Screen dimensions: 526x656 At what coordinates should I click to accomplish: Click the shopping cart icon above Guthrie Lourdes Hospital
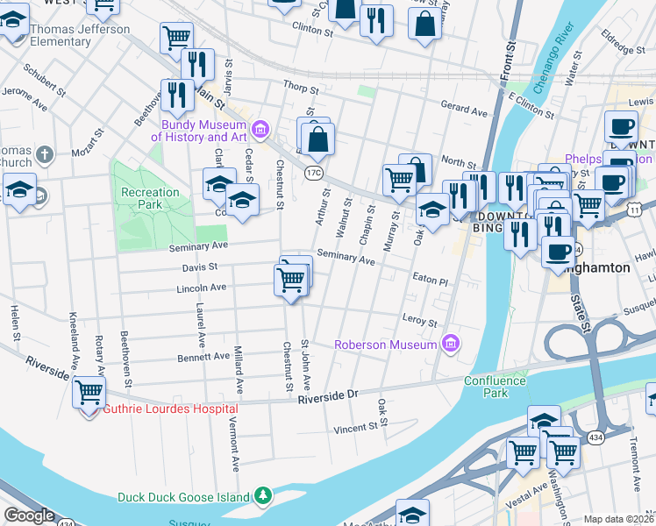pyautogui.click(x=89, y=391)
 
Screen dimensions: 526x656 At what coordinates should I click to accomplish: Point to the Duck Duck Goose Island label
pyautogui.click(x=184, y=497)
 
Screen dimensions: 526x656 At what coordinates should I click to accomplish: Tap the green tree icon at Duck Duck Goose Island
pyautogui.click(x=262, y=497)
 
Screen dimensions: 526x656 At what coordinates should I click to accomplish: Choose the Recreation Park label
pyautogui.click(x=151, y=198)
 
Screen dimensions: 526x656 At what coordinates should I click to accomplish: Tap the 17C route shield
pyautogui.click(x=314, y=173)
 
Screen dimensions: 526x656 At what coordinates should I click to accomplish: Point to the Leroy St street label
pyautogui.click(x=419, y=322)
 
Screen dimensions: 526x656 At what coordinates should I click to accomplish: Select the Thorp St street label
pyautogui.click(x=300, y=87)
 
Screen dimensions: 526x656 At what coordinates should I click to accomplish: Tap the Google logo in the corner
pyautogui.click(x=29, y=515)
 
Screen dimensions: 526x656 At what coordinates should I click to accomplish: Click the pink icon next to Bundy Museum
pyautogui.click(x=260, y=131)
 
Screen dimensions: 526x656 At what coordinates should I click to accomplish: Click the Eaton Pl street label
pyautogui.click(x=431, y=281)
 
